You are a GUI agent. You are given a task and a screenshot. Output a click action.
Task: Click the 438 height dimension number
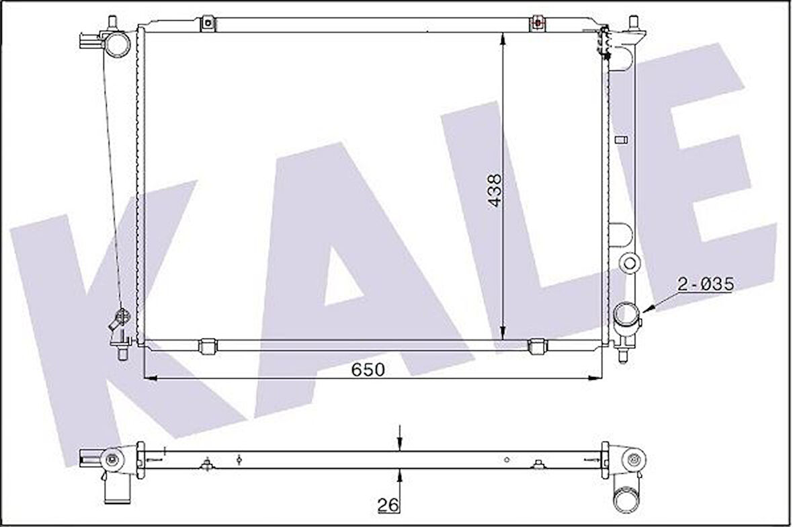(494, 190)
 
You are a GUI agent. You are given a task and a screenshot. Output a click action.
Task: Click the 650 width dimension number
(368, 370)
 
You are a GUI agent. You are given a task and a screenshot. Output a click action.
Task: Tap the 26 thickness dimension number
(388, 504)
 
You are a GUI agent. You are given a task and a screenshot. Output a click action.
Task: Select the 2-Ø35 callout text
(705, 284)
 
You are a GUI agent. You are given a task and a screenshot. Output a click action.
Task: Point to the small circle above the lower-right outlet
(630, 262)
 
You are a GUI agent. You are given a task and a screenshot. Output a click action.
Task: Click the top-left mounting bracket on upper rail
(207, 24)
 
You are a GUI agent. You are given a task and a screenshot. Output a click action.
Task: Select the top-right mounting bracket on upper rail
(538, 23)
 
